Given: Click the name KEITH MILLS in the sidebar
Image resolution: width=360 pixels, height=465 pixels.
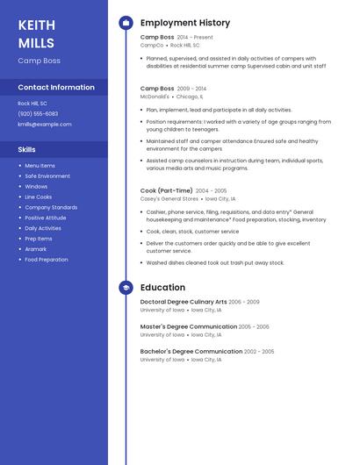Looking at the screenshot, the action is tap(36, 33).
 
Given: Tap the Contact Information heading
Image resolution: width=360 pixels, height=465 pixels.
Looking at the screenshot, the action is tap(56, 87).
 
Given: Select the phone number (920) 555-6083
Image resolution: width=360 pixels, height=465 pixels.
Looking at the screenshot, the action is tap(38, 114).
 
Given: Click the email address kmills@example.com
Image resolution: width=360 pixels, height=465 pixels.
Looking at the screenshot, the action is tap(45, 125).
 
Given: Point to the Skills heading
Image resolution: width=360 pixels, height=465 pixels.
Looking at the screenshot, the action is tap(27, 149).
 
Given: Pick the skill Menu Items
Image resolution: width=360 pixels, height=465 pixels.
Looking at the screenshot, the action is tap(40, 165).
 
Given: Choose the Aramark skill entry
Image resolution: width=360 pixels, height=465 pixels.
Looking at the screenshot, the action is tap(36, 249).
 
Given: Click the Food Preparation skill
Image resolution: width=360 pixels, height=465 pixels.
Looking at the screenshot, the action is tap(46, 260).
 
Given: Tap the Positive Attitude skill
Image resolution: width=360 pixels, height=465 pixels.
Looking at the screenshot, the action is tap(45, 218).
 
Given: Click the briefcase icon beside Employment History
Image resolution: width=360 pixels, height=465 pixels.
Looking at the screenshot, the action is tap(126, 23).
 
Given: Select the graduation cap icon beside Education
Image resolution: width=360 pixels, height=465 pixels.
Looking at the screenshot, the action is tap(126, 287).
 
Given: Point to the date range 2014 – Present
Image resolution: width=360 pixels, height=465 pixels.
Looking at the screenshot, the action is tap(195, 38).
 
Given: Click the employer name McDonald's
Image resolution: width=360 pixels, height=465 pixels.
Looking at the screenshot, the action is tap(155, 97).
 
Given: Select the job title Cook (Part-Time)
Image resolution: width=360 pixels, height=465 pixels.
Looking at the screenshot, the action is tap(166, 190).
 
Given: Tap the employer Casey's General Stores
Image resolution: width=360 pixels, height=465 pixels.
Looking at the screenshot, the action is tap(169, 199).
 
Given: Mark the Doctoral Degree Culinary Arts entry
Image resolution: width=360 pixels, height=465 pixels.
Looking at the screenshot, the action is tap(184, 302).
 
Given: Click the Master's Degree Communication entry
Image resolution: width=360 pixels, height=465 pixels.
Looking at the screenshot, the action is tap(188, 326).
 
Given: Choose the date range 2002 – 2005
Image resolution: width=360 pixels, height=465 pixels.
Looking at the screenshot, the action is tap(259, 352).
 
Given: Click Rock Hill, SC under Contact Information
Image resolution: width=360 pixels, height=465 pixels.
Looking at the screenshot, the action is tap(32, 104).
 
